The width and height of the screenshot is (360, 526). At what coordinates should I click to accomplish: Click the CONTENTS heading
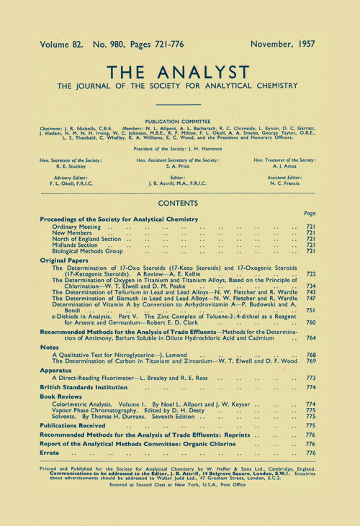point(179,204)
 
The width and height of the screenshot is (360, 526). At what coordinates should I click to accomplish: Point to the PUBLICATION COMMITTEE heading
point(179,122)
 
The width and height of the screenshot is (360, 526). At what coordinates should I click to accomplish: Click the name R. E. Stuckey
point(66,165)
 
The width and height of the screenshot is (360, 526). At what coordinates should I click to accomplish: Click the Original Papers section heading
point(66,260)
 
